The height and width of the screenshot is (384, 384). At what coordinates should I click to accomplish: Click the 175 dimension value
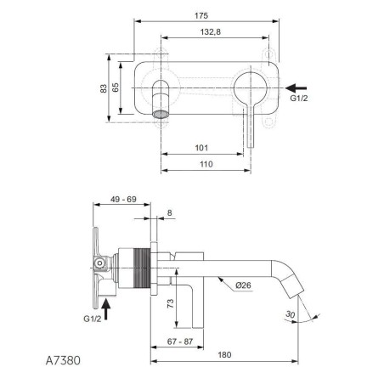(201, 16)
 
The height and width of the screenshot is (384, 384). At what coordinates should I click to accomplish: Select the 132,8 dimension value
(211, 32)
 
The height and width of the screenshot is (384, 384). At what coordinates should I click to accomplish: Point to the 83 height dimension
(104, 88)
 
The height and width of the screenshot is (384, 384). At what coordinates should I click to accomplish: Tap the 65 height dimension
(116, 88)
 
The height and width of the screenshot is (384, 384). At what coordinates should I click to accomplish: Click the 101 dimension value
(201, 148)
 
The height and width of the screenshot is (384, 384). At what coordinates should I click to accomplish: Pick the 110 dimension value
(206, 164)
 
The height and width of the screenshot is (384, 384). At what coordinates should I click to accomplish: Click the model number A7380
(63, 360)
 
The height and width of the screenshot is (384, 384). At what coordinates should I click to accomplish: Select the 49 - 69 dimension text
(123, 200)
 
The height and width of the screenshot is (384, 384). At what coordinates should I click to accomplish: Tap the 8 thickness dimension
(169, 212)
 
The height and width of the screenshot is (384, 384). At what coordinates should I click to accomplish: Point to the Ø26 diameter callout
(243, 285)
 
